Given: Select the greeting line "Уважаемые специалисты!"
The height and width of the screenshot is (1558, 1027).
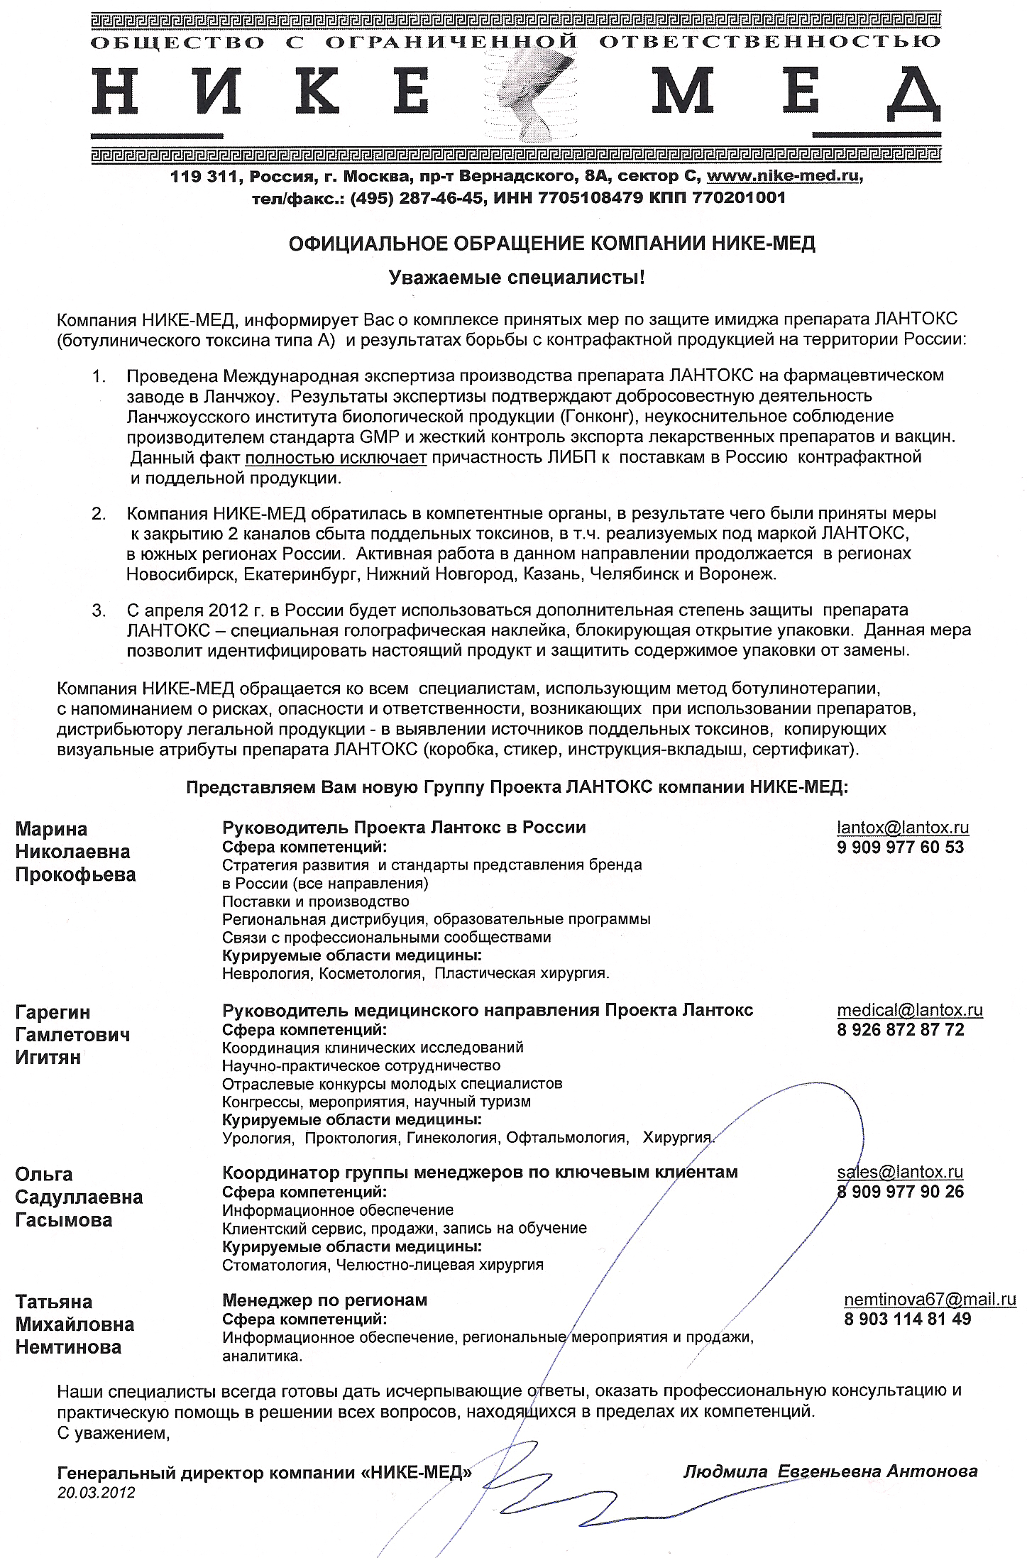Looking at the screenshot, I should point(517,278).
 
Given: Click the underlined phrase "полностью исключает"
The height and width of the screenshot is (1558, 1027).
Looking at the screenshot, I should point(336,457).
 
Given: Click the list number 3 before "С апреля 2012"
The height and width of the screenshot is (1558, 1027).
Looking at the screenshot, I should point(98,610).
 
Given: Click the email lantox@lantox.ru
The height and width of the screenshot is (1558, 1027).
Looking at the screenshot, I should point(903,827).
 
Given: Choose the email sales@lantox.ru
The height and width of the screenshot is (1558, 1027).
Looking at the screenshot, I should point(900,1172).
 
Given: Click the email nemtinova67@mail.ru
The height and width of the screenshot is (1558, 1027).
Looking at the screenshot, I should point(930,1299).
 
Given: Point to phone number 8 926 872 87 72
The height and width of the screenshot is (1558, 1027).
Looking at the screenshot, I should point(901,1029).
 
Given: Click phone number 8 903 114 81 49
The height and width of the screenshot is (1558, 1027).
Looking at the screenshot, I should point(907,1319).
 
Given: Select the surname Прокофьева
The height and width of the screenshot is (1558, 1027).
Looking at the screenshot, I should point(75,874).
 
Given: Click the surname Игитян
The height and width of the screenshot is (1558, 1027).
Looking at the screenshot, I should point(48,1057).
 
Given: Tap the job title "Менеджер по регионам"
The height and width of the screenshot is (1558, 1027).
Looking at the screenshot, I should point(324,1300).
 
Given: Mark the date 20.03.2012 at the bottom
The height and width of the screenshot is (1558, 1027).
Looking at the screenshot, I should point(96,1492).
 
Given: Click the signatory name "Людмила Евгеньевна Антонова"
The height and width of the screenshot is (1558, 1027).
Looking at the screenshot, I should point(830,1471).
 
